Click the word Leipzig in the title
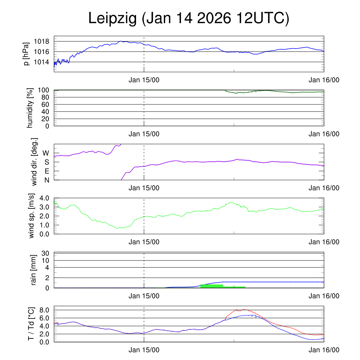[x=112, y=18]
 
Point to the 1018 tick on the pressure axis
[x=41, y=41]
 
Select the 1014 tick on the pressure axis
[x=41, y=62]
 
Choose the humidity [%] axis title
[x=30, y=108]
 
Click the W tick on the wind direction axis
[x=46, y=153]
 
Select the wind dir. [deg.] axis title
[x=34, y=162]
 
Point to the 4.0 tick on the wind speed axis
[x=44, y=198]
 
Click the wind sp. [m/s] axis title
[x=32, y=216]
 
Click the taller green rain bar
[x=211, y=286]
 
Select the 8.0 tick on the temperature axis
[x=44, y=310]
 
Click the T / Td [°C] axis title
[x=31, y=324]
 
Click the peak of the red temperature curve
[x=244, y=309]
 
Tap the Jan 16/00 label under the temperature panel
[x=324, y=350]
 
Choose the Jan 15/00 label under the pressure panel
[x=144, y=80]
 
